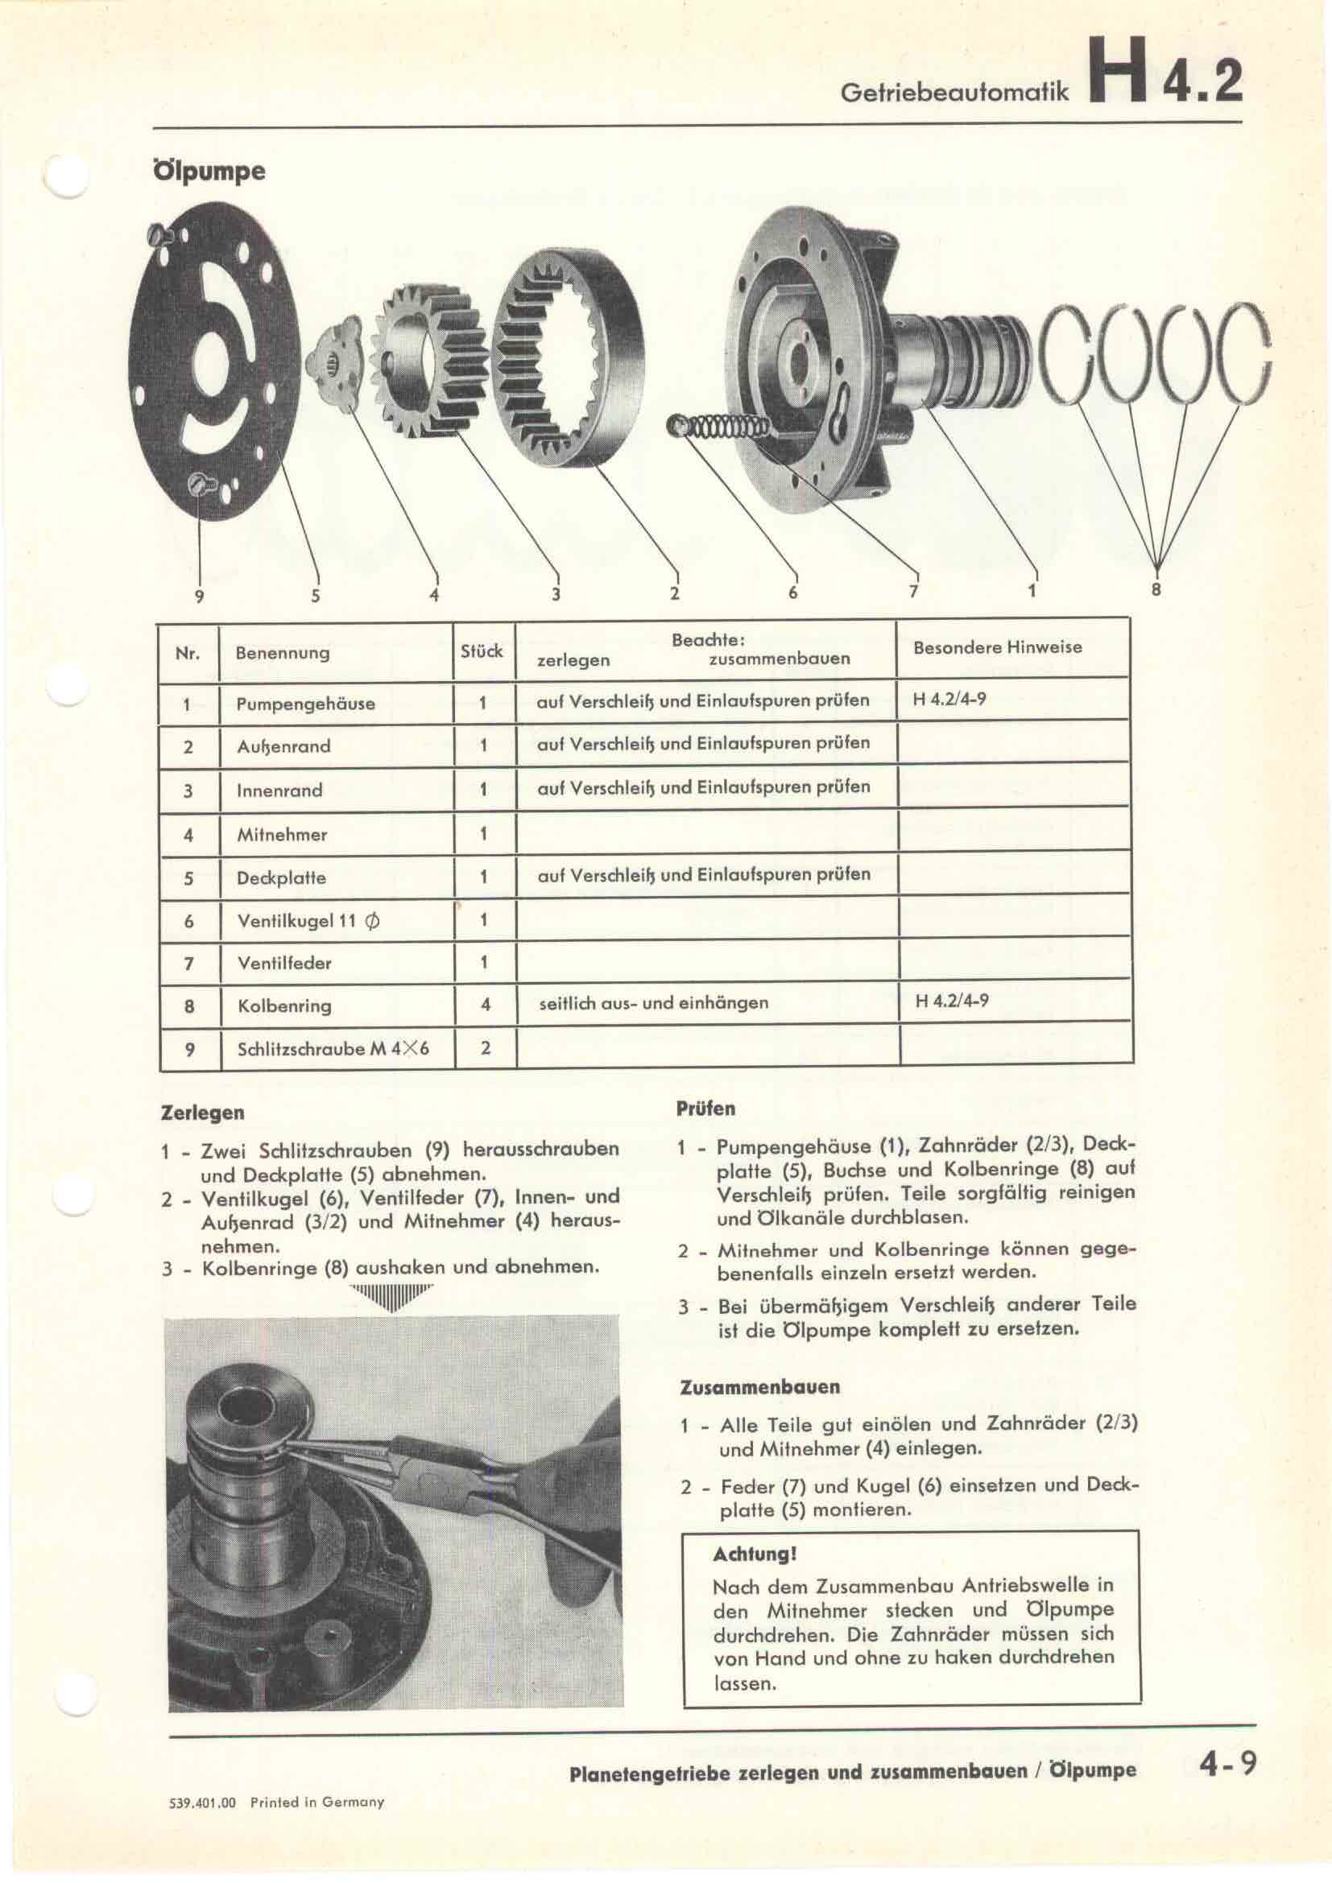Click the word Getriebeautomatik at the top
[x=955, y=92]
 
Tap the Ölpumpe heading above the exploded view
[x=209, y=171]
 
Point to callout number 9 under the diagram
[x=198, y=597]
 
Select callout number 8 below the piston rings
[x=1156, y=588]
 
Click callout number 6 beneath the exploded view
[x=792, y=593]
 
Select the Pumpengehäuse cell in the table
[x=305, y=704]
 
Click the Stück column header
[x=482, y=651]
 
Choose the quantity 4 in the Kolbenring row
[x=485, y=1004]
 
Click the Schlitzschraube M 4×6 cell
[x=333, y=1049]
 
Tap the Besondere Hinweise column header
[x=997, y=647]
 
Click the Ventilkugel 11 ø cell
[x=308, y=920]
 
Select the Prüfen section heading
[x=705, y=1109]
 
